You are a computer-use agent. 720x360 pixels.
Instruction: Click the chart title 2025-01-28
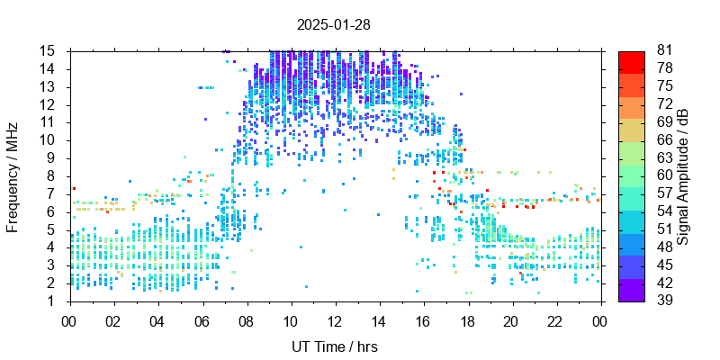[333, 24]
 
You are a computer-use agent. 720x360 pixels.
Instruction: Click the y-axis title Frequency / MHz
[13, 175]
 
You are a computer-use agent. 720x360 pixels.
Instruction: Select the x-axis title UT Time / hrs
[334, 346]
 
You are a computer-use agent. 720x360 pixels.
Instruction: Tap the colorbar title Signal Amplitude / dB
[684, 176]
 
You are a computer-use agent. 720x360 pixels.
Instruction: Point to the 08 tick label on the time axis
[246, 319]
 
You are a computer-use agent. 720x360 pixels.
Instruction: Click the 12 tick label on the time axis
[334, 319]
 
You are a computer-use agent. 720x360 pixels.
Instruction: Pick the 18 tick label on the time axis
[466, 319]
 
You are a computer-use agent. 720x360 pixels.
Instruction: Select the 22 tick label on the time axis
[554, 319]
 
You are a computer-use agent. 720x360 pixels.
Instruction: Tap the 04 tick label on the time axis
[157, 319]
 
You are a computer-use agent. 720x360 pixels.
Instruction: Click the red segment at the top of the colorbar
[632, 60]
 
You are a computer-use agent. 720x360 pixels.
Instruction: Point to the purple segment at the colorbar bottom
[632, 292]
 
